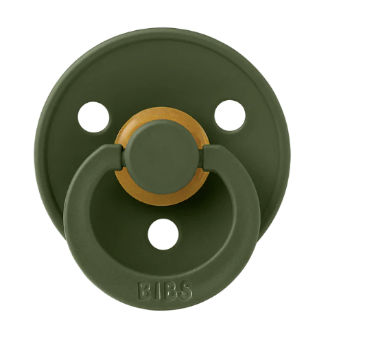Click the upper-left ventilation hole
click(94, 117)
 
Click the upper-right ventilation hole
click(230, 115)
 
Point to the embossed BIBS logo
click(165, 291)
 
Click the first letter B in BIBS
click(145, 291)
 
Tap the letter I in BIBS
click(158, 291)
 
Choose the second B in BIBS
click(169, 291)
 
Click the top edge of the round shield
click(162, 31)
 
